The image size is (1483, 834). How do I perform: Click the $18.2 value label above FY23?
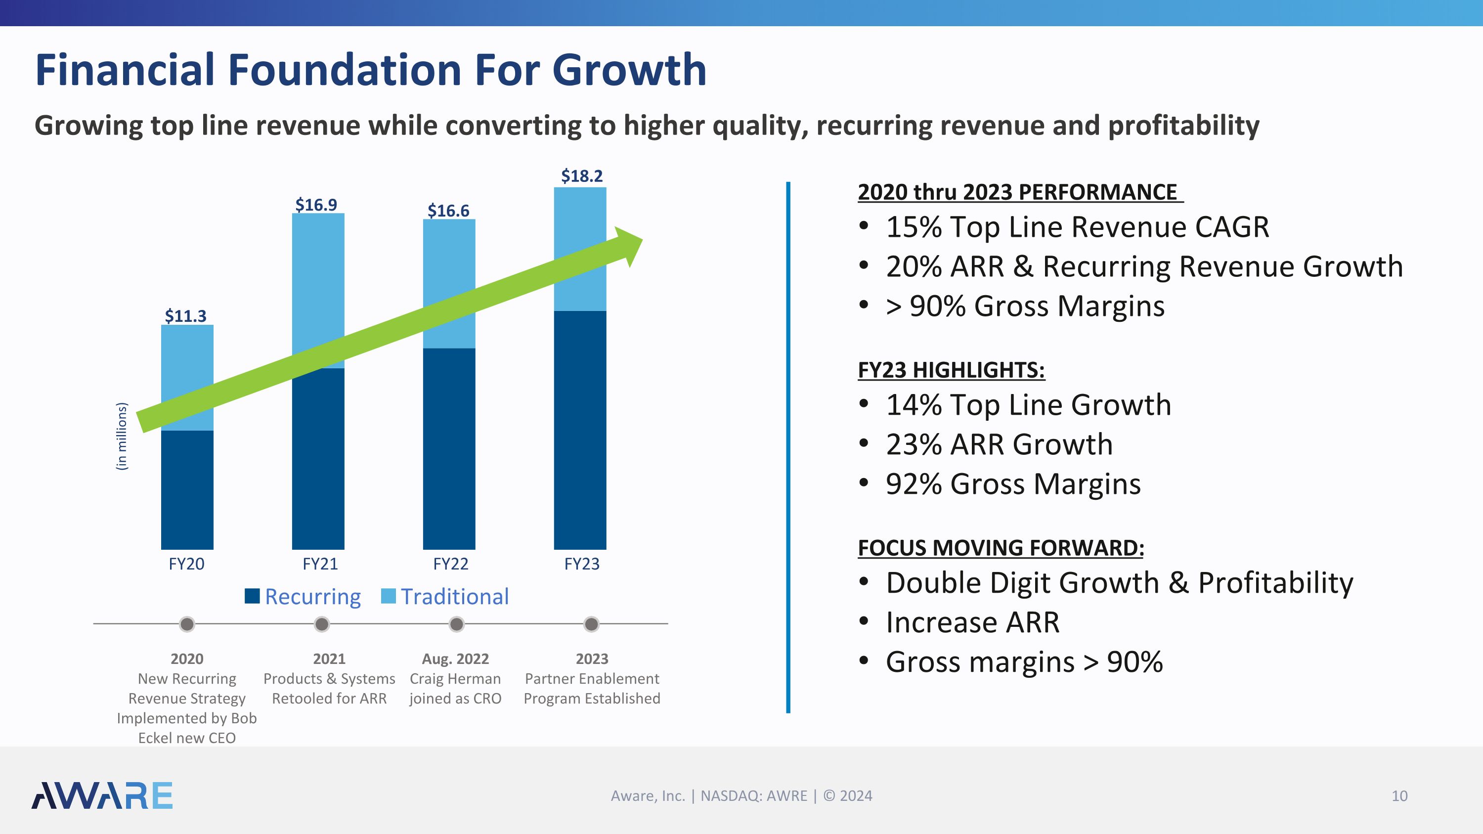(581, 176)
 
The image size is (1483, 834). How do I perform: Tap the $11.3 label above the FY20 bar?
(185, 316)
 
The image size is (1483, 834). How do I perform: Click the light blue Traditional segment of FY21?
(318, 276)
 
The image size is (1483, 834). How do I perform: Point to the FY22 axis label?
(450, 564)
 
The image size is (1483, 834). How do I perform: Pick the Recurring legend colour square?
(252, 596)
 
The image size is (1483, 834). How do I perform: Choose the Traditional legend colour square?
(389, 596)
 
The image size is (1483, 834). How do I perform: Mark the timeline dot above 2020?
(187, 624)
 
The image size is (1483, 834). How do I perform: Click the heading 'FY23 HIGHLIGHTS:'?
(951, 370)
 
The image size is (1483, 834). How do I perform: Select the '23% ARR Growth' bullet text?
(999, 444)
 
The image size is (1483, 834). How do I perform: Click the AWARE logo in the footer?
(102, 795)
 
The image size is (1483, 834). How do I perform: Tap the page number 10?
(1399, 796)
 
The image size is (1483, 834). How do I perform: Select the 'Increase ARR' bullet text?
(972, 622)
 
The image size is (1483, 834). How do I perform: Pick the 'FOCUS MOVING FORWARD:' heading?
(1001, 548)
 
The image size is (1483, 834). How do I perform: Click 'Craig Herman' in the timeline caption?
(455, 679)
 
